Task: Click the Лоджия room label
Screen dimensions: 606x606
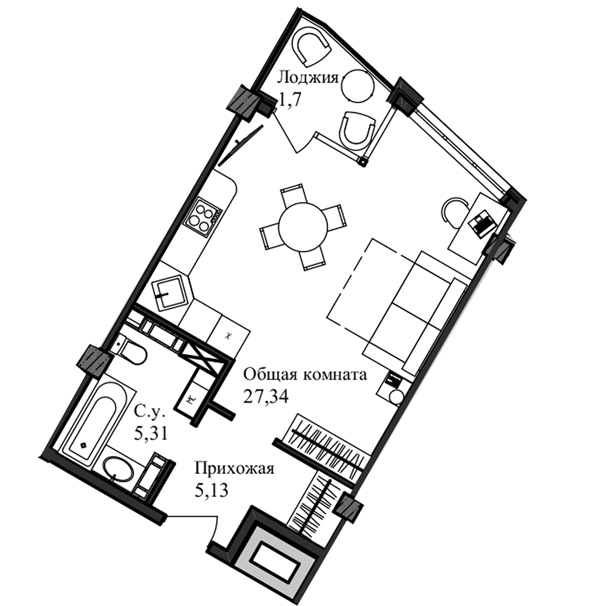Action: tap(307, 78)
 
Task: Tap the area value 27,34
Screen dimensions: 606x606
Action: tap(266, 397)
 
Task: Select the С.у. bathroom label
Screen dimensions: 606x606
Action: tap(150, 411)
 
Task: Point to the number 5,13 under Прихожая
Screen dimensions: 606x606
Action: tap(211, 491)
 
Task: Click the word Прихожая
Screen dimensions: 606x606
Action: tap(234, 469)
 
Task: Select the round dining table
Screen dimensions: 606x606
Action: tap(303, 227)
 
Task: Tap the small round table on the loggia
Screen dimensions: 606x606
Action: tap(358, 87)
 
